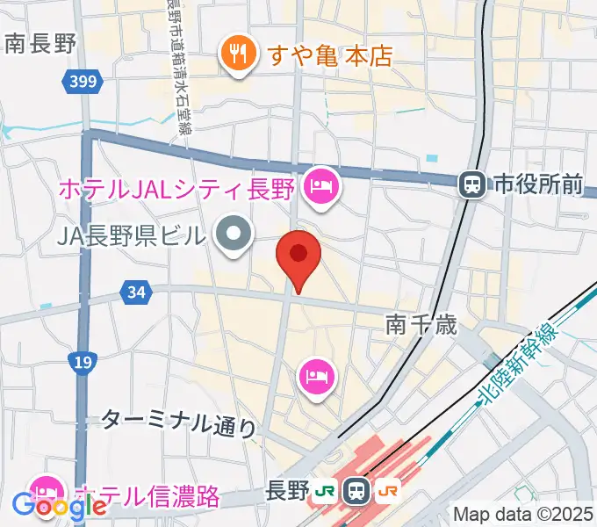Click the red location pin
click(x=298, y=256)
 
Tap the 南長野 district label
click(x=40, y=44)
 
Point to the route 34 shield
click(x=135, y=292)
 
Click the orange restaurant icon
click(x=237, y=54)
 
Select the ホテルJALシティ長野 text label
click(x=176, y=188)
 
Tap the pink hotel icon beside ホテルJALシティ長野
click(x=320, y=187)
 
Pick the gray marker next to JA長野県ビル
click(x=234, y=235)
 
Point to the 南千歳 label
click(x=422, y=326)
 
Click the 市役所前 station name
click(x=538, y=184)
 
